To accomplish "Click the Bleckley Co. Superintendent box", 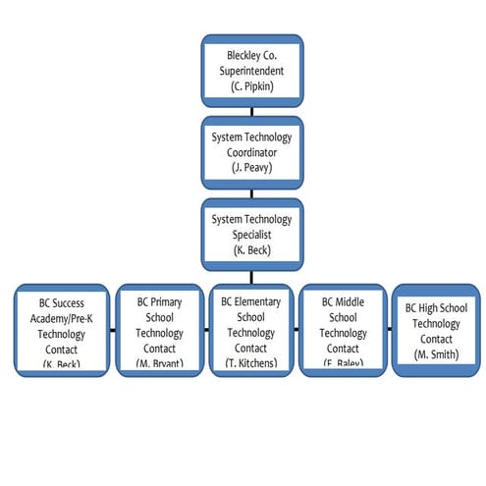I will coord(252,71).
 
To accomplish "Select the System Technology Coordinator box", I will coord(252,152).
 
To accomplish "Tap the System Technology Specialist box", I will coord(252,234).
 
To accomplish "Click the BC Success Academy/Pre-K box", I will coord(61,330).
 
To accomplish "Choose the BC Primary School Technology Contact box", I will coord(159,330).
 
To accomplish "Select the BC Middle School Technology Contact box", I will coord(343,330).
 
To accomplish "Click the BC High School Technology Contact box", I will coord(436,330).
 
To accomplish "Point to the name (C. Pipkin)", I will coord(252,87).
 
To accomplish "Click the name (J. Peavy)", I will coord(252,168).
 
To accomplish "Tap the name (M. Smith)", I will coord(436,354).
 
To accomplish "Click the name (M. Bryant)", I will coord(159,363).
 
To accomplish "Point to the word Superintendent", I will coord(252,72).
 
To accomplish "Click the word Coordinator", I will coord(252,152).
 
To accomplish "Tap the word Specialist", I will coord(252,234).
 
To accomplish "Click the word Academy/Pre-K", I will coord(61,318).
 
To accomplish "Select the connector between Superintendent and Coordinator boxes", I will coord(252,112).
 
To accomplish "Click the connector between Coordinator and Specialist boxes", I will coord(252,193).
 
